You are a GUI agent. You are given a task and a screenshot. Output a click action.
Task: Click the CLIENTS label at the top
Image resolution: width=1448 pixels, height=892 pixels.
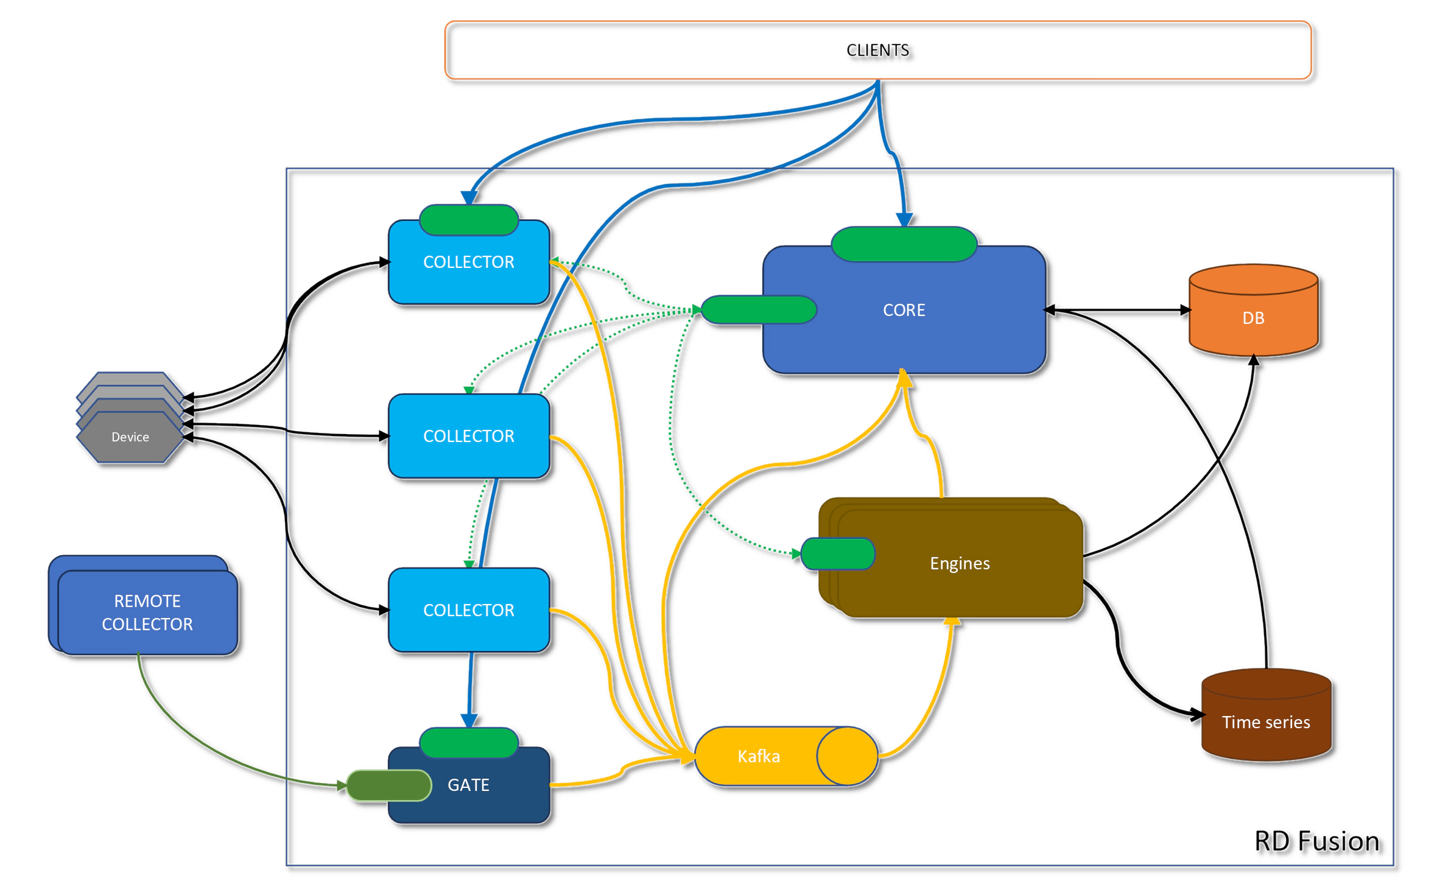click(x=877, y=50)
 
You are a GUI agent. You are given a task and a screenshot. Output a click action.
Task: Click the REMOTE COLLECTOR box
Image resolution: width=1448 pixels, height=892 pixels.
click(x=147, y=612)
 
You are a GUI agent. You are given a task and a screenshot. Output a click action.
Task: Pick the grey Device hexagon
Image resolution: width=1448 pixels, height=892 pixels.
click(x=130, y=437)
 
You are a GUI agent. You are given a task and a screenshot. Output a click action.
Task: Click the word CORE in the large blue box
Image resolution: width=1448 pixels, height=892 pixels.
click(x=904, y=310)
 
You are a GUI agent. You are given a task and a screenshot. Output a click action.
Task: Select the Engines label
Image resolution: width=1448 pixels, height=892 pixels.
click(x=960, y=563)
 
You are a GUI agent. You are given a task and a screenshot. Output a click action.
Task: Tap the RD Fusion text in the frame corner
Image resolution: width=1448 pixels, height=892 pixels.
click(x=1315, y=841)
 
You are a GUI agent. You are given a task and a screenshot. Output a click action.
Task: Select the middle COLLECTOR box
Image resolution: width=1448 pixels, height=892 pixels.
click(x=468, y=436)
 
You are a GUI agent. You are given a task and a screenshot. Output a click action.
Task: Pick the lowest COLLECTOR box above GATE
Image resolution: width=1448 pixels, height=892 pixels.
click(x=468, y=610)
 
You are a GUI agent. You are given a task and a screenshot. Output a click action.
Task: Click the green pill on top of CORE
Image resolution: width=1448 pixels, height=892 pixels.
click(x=904, y=244)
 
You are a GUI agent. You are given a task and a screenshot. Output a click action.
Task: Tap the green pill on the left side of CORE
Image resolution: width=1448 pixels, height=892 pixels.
click(x=758, y=309)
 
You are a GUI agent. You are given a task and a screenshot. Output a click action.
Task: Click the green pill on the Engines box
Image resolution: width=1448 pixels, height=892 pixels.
click(x=837, y=553)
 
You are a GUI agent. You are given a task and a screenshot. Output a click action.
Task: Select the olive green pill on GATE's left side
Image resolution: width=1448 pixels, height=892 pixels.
click(x=388, y=785)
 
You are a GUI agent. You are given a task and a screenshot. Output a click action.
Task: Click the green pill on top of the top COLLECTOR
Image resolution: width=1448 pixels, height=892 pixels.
click(x=468, y=220)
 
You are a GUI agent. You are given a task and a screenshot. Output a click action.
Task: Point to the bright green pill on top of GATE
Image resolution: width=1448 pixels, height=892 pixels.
click(x=468, y=742)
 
